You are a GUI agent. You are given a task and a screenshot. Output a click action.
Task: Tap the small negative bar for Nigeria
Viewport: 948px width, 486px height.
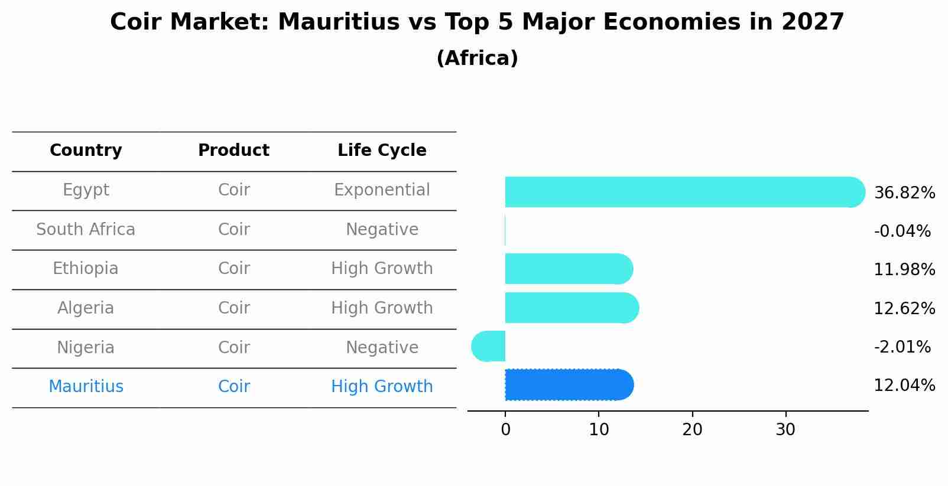click(x=489, y=346)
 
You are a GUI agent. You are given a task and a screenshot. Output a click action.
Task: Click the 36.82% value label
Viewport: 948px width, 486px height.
click(x=904, y=193)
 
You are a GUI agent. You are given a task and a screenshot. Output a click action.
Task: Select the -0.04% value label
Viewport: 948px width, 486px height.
click(x=902, y=231)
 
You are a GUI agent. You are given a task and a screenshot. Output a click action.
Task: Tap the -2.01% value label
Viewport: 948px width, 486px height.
click(x=902, y=347)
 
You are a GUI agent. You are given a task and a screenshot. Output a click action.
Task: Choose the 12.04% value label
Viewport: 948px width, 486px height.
click(x=904, y=386)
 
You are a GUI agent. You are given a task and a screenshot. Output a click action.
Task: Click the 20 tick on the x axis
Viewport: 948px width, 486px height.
click(x=692, y=430)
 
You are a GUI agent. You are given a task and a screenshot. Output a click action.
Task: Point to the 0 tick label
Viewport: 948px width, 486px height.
click(x=505, y=430)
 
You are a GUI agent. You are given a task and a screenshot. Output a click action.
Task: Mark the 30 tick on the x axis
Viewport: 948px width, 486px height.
click(x=785, y=430)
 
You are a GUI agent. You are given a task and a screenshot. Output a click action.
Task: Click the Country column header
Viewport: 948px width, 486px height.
click(x=86, y=151)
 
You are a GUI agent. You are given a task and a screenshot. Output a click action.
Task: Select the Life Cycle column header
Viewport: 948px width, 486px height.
click(x=382, y=151)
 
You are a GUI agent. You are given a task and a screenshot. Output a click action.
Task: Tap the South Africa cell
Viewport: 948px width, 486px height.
click(x=86, y=230)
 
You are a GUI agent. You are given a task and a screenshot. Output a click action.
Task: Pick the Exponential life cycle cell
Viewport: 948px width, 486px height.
click(x=382, y=190)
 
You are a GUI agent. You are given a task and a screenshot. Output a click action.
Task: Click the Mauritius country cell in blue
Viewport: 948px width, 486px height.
click(x=86, y=387)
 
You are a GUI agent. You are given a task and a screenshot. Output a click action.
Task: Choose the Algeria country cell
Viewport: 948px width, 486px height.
click(x=86, y=308)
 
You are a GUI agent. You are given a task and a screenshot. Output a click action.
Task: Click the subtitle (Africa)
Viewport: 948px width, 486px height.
click(x=477, y=58)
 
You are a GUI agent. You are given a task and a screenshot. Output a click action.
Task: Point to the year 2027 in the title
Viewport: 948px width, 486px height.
click(x=813, y=22)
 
